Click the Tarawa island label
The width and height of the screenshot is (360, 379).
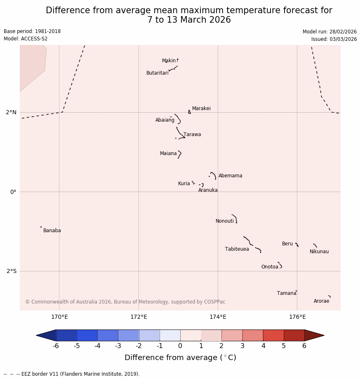pyautogui.click(x=192, y=134)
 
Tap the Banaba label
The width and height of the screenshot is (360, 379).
pyautogui.click(x=52, y=231)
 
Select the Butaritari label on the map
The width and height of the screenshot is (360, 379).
pyautogui.click(x=157, y=73)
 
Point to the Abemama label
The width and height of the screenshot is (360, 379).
pyautogui.click(x=230, y=176)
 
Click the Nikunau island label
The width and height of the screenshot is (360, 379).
pyautogui.click(x=319, y=252)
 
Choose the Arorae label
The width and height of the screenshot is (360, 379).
pyautogui.click(x=321, y=301)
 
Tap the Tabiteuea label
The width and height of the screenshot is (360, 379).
pyautogui.click(x=237, y=249)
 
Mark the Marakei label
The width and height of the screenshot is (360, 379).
pyautogui.click(x=201, y=108)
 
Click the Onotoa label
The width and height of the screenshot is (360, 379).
pyautogui.click(x=270, y=267)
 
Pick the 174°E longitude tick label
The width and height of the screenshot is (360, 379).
pyautogui.click(x=218, y=317)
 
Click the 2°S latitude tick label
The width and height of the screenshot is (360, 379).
pyautogui.click(x=12, y=271)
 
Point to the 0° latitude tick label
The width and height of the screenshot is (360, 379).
pyautogui.click(x=13, y=192)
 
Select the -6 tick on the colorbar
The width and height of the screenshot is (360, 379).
pyautogui.click(x=56, y=346)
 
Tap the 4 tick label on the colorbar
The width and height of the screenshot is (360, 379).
pyautogui.click(x=263, y=346)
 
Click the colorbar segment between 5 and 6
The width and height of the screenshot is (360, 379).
pyautogui.click(x=294, y=335)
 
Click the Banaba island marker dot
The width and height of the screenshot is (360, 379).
pyautogui.click(x=41, y=227)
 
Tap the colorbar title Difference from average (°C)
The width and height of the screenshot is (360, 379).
pyautogui.click(x=180, y=358)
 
